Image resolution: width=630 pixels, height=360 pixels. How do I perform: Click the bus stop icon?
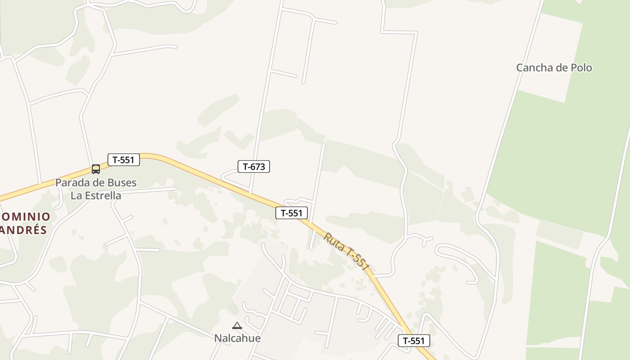[96, 169]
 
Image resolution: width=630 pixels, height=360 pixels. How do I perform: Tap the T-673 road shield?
[254, 166]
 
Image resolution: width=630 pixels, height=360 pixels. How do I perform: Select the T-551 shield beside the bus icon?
[124, 160]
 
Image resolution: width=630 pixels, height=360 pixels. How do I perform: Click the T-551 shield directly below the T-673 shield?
[292, 213]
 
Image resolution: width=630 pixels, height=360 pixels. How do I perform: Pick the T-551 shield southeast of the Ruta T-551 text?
[414, 341]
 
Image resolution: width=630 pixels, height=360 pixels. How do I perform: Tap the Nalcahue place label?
[237, 338]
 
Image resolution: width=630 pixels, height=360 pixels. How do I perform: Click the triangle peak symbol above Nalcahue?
[237, 325]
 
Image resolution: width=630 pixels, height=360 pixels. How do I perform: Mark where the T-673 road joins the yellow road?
[250, 192]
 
